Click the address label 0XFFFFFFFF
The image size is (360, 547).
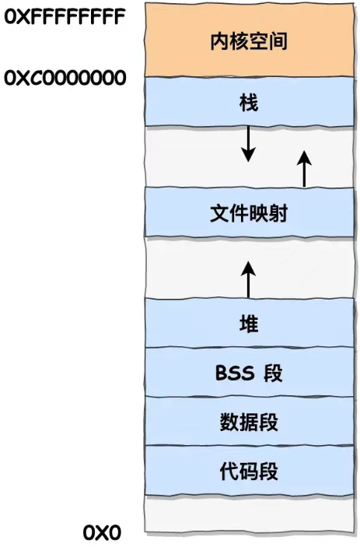point(65,16)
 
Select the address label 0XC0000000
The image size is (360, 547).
point(65,78)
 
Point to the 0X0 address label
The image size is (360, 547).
point(102,533)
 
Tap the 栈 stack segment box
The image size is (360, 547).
point(250,101)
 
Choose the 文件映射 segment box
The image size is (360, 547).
point(250,212)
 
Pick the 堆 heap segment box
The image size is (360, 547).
point(250,322)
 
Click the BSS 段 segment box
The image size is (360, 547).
point(250,372)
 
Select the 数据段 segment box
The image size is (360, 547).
point(250,421)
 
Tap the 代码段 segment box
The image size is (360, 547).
point(250,470)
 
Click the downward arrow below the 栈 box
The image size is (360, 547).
point(248,144)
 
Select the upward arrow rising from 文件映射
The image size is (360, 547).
point(304,169)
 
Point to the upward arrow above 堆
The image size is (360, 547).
point(248,279)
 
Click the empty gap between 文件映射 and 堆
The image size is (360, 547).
point(195,268)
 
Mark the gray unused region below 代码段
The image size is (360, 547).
point(250,514)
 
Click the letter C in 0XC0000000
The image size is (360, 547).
point(35,78)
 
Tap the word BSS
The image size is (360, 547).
point(235,373)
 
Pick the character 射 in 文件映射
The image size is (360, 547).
point(278,213)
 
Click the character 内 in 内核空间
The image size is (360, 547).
point(220,41)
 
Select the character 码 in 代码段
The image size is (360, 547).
point(249,472)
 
